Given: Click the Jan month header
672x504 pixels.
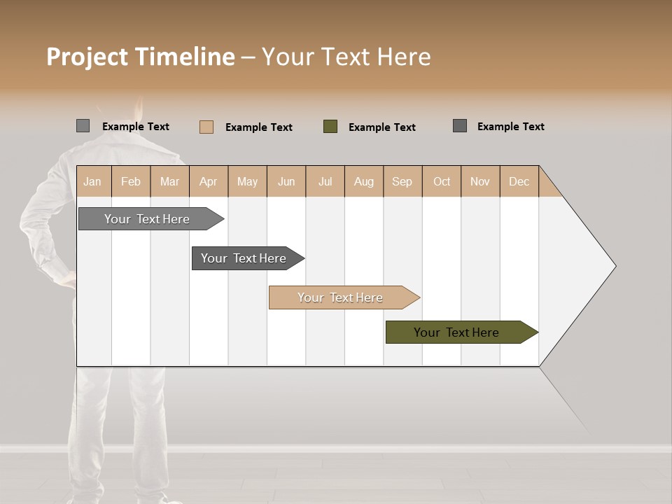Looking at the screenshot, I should (x=93, y=181).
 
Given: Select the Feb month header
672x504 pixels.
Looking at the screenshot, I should (x=131, y=181).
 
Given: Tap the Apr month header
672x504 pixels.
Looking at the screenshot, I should (x=208, y=181).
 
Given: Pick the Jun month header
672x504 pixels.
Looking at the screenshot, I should (x=286, y=181).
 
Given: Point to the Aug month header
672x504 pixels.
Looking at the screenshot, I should (x=363, y=181).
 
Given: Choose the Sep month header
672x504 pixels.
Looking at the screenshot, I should (x=402, y=181).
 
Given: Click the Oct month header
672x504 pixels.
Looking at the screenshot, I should (x=442, y=181).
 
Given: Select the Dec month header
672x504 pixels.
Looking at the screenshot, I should (x=519, y=181).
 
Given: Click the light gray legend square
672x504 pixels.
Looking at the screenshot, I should (x=83, y=126).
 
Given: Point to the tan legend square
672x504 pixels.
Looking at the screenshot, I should (x=206, y=127).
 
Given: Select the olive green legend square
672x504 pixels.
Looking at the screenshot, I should (x=330, y=127).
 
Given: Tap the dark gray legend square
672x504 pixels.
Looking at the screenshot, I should (x=460, y=126).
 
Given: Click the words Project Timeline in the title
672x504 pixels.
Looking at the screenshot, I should (x=141, y=57).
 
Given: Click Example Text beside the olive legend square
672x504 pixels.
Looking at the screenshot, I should (x=381, y=127).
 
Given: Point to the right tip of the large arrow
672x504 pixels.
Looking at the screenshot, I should (x=614, y=265).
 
